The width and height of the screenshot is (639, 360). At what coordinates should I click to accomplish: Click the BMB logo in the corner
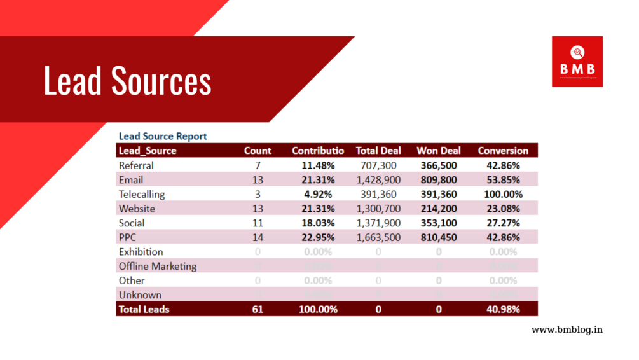pyautogui.click(x=577, y=62)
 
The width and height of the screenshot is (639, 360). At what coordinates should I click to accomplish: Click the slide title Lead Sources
pyautogui.click(x=127, y=81)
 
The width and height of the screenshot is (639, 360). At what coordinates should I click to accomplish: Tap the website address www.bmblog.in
pyautogui.click(x=567, y=329)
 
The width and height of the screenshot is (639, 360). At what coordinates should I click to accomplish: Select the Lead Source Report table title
pyautogui.click(x=163, y=136)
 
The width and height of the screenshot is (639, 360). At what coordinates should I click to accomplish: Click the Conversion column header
pyautogui.click(x=503, y=151)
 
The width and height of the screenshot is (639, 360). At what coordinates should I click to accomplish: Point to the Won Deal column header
pyautogui.click(x=439, y=151)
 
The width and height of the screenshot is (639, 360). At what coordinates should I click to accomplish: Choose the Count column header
pyautogui.click(x=258, y=151)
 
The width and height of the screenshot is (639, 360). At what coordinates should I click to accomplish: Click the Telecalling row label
pyautogui.click(x=142, y=194)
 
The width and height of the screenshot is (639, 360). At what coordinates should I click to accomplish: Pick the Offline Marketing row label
pyautogui.click(x=158, y=266)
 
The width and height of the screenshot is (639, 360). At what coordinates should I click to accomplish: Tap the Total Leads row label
pyautogui.click(x=144, y=309)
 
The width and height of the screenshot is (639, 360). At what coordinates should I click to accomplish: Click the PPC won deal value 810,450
pyautogui.click(x=439, y=237)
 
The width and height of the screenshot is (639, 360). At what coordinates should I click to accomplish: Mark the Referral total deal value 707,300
pyautogui.click(x=378, y=165)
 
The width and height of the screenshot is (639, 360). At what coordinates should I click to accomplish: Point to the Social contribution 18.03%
pyautogui.click(x=318, y=223)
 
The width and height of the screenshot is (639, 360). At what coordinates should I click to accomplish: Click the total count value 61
pyautogui.click(x=258, y=309)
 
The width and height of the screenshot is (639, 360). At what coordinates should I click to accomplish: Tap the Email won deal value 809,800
pyautogui.click(x=439, y=180)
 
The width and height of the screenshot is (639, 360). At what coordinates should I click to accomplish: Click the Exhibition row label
pyautogui.click(x=141, y=252)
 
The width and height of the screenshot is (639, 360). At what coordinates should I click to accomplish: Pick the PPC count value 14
pyautogui.click(x=258, y=237)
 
